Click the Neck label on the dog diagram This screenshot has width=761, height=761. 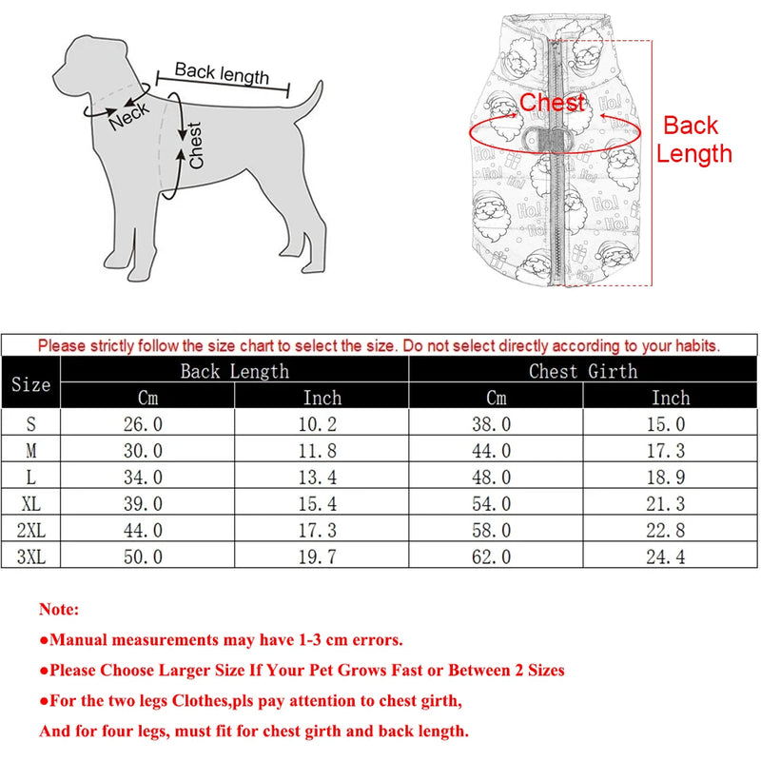(129, 115)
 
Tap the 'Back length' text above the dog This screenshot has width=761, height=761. (222, 73)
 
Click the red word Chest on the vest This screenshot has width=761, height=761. (552, 103)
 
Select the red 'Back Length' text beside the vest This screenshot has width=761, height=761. (697, 139)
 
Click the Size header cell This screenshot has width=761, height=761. (30, 384)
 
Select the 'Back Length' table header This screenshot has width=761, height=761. (234, 371)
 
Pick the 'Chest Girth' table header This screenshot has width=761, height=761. (583, 371)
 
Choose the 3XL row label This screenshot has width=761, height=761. (30, 556)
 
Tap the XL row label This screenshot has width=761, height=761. (30, 503)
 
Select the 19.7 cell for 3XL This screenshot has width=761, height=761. (322, 556)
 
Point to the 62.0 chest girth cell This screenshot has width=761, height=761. (492, 556)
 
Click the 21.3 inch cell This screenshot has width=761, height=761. (670, 503)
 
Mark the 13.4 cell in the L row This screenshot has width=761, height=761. (322, 477)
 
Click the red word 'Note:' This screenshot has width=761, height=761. (59, 609)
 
